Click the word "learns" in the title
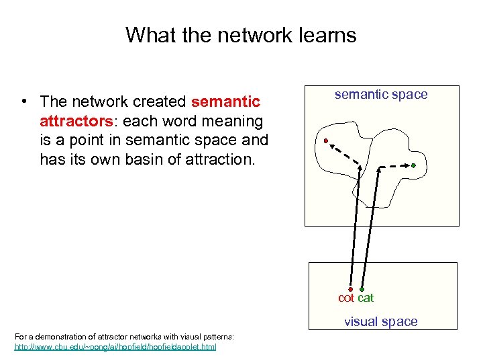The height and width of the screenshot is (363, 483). [x=324, y=35]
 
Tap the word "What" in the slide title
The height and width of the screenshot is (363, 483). [x=147, y=35]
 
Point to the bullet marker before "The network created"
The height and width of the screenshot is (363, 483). [x=23, y=102]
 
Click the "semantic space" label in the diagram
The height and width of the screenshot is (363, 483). [x=381, y=95]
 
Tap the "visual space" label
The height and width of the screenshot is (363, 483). [x=381, y=321]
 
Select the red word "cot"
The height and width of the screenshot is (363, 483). [x=346, y=298]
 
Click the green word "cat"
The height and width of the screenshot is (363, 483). [x=366, y=298]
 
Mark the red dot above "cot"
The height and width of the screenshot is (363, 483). [x=351, y=289]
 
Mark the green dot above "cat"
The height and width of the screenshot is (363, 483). [x=362, y=289]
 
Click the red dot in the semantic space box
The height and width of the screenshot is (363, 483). [x=325, y=141]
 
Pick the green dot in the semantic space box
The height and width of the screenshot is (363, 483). [x=414, y=165]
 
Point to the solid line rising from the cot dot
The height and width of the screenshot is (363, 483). [x=354, y=229]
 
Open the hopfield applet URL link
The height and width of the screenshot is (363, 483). [x=115, y=347]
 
